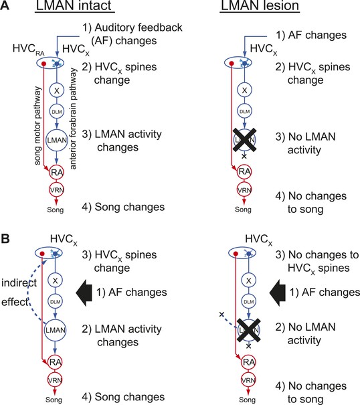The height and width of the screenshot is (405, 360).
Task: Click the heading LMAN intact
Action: coord(75,5)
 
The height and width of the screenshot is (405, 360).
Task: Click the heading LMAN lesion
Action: coord(260,5)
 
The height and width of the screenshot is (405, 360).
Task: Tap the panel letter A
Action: coord(5,5)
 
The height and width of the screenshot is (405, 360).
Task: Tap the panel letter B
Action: coord(5,239)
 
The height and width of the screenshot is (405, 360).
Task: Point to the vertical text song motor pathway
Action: coord(37,126)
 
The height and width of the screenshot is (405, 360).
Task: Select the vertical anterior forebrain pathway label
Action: coord(73,118)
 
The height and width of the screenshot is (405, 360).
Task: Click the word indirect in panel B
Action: coord(19,282)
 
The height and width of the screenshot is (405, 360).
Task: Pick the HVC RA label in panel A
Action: coord(28,50)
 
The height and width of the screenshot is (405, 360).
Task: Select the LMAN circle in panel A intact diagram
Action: coord(57,140)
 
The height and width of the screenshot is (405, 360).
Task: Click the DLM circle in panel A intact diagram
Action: coord(57,112)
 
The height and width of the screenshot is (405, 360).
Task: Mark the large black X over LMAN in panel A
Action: coord(244,140)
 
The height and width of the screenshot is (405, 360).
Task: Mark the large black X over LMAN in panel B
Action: coord(248,330)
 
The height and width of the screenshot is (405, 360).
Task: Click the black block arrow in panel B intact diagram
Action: coord(84,293)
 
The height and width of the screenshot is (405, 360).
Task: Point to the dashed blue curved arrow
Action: coord(29,291)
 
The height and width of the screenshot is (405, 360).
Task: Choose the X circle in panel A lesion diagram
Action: coord(244,90)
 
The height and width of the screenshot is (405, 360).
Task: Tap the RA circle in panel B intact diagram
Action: coord(55,362)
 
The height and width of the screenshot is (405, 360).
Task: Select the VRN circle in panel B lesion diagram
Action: coord(248,380)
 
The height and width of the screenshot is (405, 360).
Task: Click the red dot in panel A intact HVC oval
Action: coord(44,64)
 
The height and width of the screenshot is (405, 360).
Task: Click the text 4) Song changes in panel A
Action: coord(123,207)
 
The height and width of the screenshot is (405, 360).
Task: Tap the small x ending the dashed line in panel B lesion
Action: coord(221,315)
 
